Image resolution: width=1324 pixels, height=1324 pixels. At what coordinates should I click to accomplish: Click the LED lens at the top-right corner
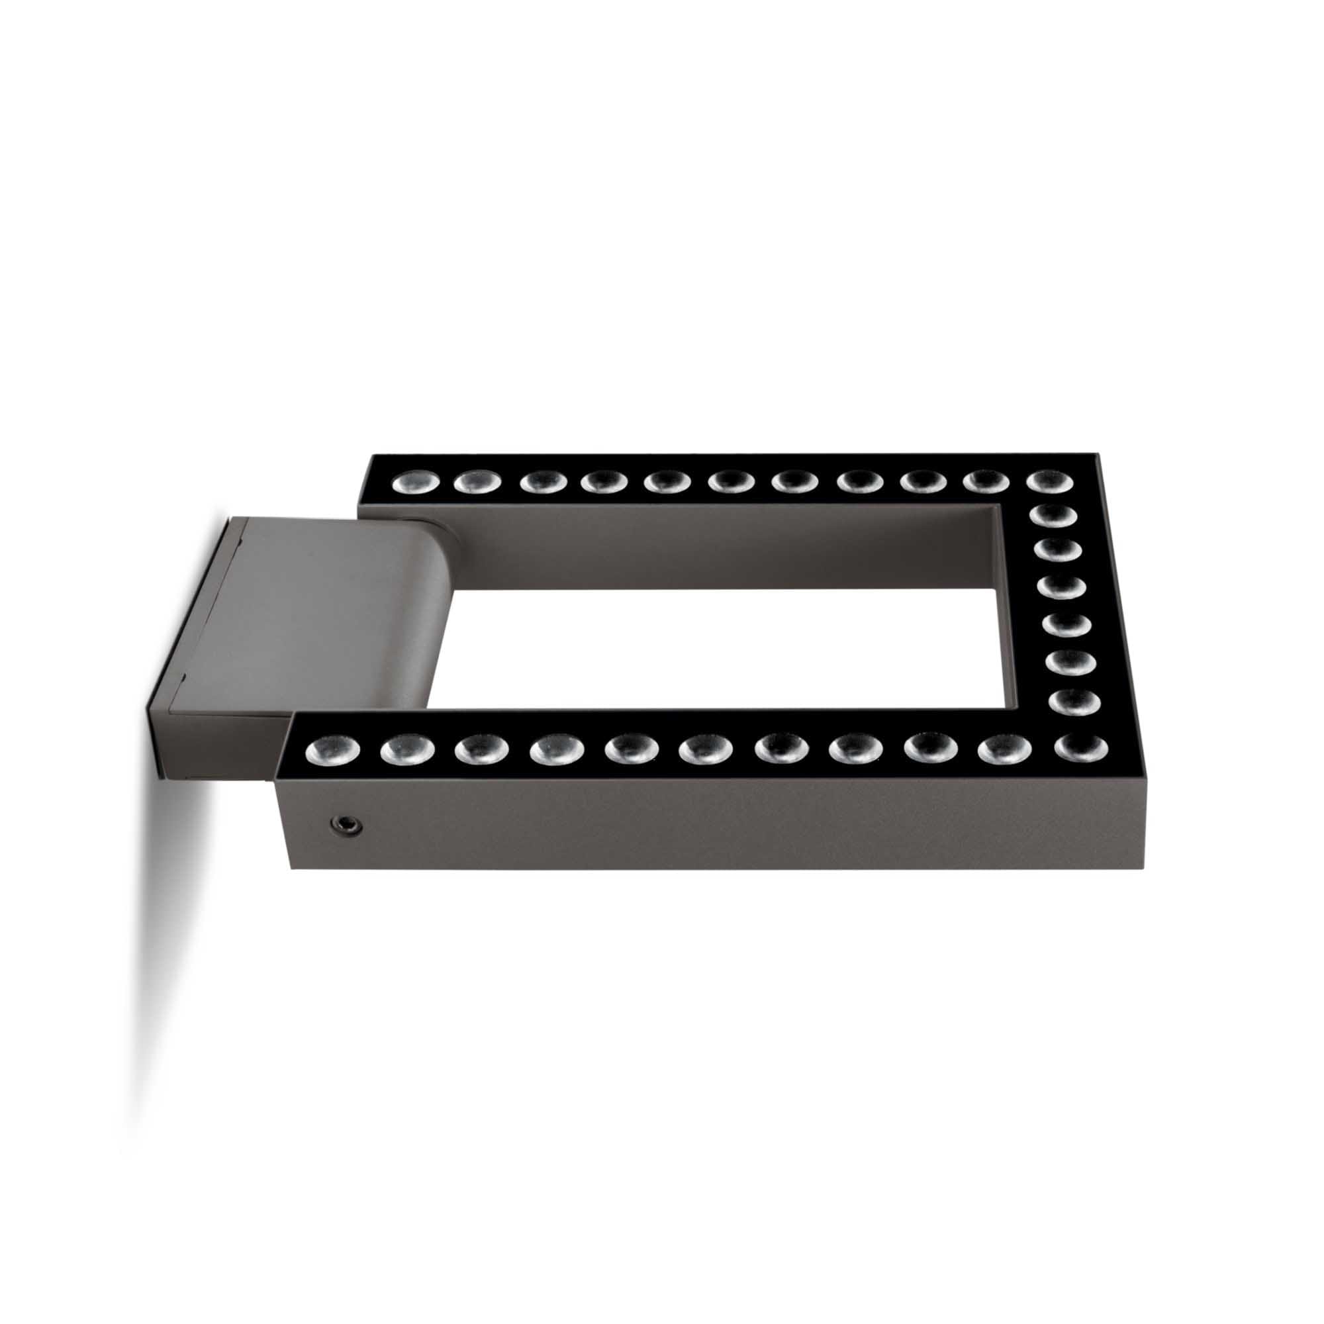pos(1049,481)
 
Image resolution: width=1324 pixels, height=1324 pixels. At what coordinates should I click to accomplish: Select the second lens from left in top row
pos(478,482)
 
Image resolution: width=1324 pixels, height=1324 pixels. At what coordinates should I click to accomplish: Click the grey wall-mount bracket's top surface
pos(308,603)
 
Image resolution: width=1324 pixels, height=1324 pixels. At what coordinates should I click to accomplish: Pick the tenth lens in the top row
pos(986,482)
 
